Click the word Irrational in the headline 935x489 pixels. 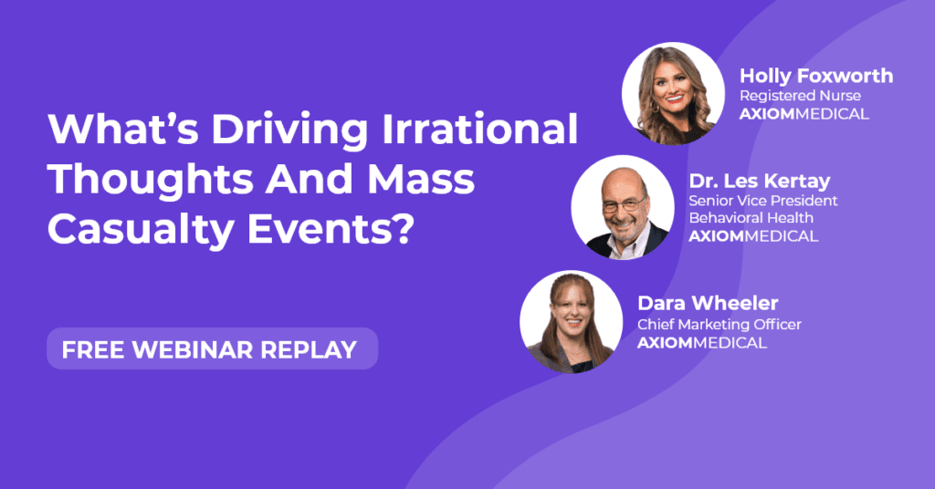tap(479, 129)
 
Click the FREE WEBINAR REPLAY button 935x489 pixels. tap(212, 349)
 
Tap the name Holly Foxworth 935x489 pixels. tap(816, 76)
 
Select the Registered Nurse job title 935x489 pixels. tap(800, 95)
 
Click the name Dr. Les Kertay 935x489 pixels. tap(760, 181)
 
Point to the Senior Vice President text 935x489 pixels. tap(763, 200)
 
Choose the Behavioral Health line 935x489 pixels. tap(751, 217)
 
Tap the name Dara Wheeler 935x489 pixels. tap(708, 303)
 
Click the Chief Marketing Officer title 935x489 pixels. tap(720, 324)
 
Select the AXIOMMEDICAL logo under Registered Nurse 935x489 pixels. tap(804, 114)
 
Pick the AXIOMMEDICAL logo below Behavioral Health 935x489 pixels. tap(753, 236)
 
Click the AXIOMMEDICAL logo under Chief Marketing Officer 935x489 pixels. tap(702, 343)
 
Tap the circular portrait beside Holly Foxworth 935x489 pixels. tap(673, 93)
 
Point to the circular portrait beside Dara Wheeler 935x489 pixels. tap(572, 322)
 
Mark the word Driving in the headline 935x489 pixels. tap(289, 130)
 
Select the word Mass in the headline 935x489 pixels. tap(421, 180)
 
